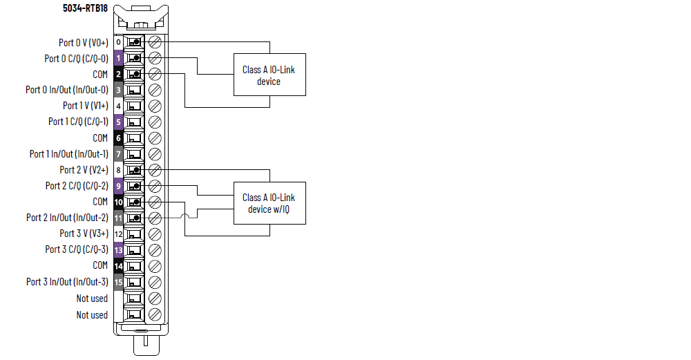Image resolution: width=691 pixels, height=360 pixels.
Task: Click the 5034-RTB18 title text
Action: (85, 8)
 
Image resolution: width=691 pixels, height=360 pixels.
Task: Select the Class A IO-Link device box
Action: (269, 75)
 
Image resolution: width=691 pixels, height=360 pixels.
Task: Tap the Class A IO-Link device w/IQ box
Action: (269, 203)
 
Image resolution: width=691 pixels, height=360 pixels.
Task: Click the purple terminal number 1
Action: (119, 58)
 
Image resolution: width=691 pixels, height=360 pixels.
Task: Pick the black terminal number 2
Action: (119, 74)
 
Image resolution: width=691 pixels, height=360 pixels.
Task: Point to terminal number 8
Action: (119, 169)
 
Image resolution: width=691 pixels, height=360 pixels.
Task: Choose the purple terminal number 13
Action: (119, 249)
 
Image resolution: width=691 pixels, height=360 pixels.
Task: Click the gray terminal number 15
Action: (119, 281)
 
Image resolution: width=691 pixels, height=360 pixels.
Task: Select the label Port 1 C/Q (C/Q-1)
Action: (78, 122)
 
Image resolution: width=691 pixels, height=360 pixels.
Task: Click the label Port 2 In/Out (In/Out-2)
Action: (67, 218)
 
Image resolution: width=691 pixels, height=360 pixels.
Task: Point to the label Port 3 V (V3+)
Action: (84, 234)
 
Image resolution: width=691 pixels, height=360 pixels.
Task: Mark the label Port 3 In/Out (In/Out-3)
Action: (67, 281)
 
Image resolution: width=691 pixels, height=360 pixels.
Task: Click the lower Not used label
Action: (92, 315)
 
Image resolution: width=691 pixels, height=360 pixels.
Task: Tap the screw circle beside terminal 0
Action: (155, 42)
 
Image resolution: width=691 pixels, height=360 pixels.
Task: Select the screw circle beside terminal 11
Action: (155, 218)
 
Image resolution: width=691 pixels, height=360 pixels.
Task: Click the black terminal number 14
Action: (119, 265)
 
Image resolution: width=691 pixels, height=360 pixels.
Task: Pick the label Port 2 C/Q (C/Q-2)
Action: (77, 186)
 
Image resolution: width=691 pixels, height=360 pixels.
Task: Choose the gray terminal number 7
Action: (119, 153)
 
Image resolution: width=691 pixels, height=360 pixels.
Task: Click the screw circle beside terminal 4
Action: (155, 106)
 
